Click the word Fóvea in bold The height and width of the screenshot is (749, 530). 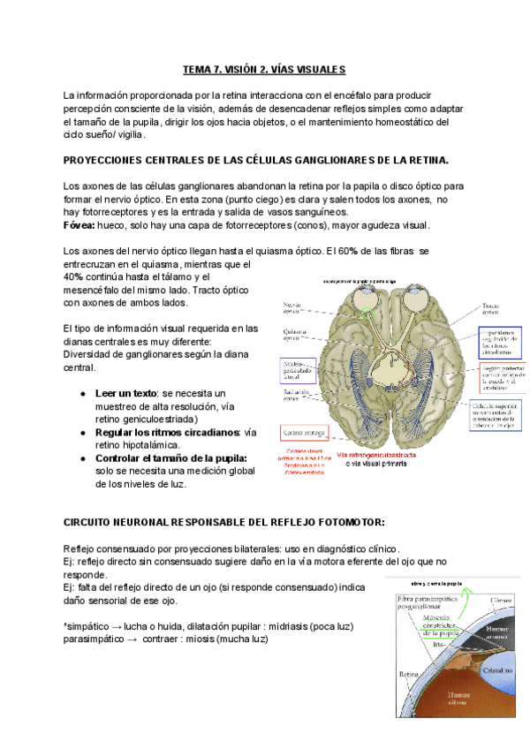pos(79,225)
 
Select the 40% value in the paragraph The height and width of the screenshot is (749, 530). pos(74,276)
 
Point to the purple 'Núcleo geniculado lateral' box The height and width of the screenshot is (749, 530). pos(293,369)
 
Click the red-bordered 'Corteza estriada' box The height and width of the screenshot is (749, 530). pos(303,431)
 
